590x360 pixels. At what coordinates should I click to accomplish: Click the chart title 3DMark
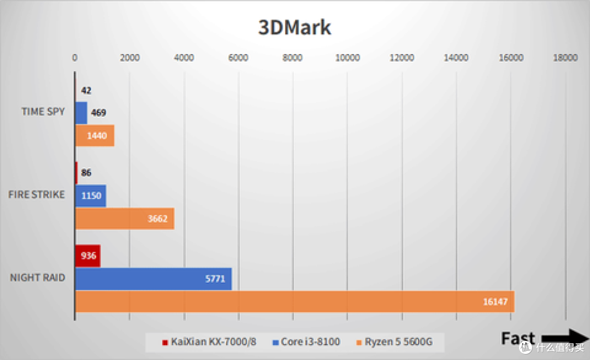(294, 27)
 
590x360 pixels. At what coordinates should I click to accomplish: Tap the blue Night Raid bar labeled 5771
(153, 279)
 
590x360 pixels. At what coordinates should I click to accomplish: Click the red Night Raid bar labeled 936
(87, 256)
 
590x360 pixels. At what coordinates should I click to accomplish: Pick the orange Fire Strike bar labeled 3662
(125, 219)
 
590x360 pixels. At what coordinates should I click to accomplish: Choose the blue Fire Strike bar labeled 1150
(90, 196)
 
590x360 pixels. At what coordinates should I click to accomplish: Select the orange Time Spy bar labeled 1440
(95, 135)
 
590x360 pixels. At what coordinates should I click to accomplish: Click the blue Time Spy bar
(81, 113)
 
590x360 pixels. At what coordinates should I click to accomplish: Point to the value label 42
(86, 91)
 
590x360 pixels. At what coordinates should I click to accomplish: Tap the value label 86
(86, 173)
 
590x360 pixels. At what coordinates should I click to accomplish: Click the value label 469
(98, 113)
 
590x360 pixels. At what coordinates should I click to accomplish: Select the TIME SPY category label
(43, 111)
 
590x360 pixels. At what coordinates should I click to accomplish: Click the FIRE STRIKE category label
(37, 194)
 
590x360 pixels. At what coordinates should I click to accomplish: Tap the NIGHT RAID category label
(37, 278)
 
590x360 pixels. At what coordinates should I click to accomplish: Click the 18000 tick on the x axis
(565, 58)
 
